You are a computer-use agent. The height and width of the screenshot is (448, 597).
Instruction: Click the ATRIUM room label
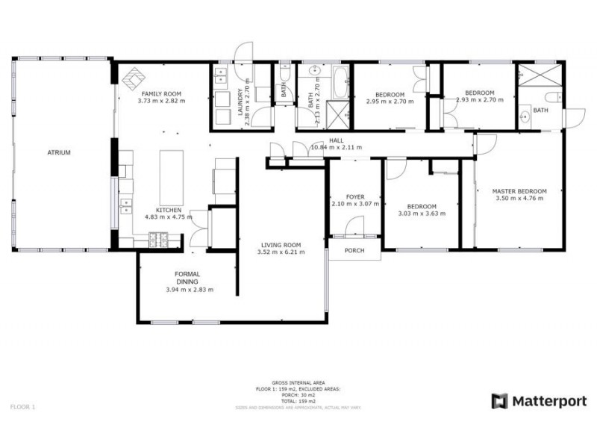tap(59, 152)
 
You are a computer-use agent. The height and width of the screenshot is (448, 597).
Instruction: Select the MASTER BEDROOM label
tap(519, 190)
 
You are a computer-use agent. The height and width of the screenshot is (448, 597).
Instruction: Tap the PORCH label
tap(354, 250)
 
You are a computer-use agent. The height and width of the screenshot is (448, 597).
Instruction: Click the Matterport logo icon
tap(499, 401)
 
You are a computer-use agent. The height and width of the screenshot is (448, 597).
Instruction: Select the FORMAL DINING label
tap(187, 278)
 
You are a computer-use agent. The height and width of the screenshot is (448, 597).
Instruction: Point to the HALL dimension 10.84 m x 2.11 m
tap(337, 147)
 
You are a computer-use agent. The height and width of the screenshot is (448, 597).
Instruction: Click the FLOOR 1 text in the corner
tap(22, 407)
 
